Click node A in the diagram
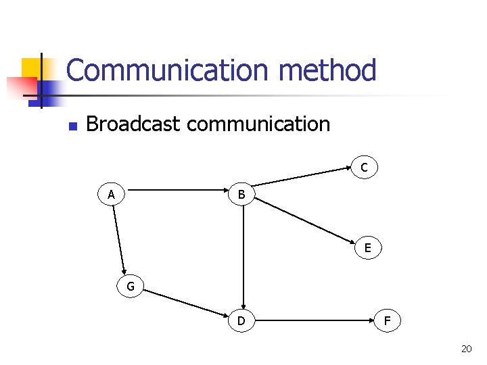111,195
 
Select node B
242,195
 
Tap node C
364,167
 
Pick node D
241,320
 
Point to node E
367,248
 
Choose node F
387,320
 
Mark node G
131,286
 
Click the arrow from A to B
176,191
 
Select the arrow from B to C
304,176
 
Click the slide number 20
465,349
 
